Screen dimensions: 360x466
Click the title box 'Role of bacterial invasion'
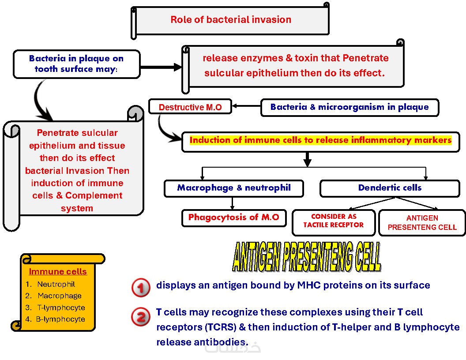231,20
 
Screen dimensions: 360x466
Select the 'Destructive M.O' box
190,107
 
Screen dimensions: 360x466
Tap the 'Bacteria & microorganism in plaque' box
349,107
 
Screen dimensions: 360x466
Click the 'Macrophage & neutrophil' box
234,188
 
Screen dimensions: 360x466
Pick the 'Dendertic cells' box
390,188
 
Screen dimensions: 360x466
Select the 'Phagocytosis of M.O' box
233,217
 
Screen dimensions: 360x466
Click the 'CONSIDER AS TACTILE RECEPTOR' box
334,221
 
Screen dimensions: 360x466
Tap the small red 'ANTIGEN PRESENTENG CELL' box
422,223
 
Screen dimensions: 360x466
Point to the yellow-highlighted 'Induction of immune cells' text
320,140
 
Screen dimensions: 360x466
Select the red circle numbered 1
141,288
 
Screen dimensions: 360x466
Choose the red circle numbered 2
141,317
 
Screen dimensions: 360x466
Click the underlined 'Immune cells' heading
58,272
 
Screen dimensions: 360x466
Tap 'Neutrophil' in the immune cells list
56,285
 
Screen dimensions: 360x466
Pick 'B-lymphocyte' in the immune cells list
61,319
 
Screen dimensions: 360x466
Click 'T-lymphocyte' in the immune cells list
61,307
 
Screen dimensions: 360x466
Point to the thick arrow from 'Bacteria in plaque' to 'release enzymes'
161,67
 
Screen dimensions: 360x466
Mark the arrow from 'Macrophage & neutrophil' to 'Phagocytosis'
233,203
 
